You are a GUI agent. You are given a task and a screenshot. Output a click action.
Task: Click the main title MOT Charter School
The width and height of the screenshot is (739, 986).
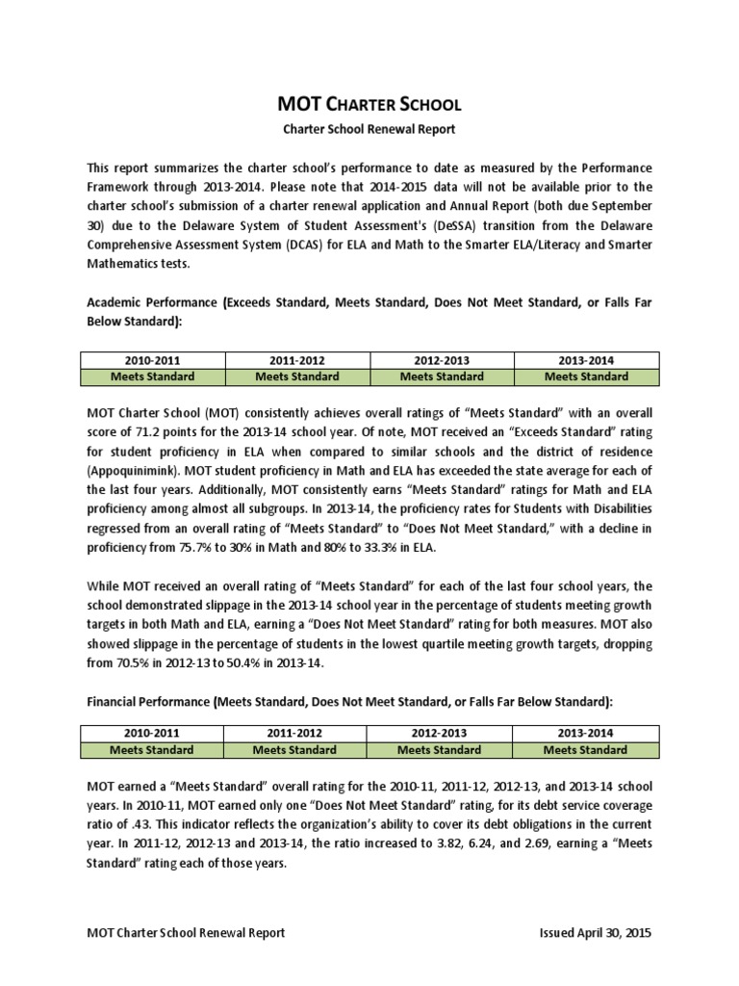[x=369, y=104]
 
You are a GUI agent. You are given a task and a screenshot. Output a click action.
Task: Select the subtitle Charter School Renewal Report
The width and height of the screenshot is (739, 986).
[x=369, y=128]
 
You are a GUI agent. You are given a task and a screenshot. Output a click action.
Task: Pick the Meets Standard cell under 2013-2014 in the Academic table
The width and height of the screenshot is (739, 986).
[x=586, y=376]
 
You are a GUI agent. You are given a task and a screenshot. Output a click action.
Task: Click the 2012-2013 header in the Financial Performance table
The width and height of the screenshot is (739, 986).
[x=440, y=732]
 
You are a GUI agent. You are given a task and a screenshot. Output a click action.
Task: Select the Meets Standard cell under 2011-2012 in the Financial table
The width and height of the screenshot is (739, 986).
[x=294, y=749]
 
